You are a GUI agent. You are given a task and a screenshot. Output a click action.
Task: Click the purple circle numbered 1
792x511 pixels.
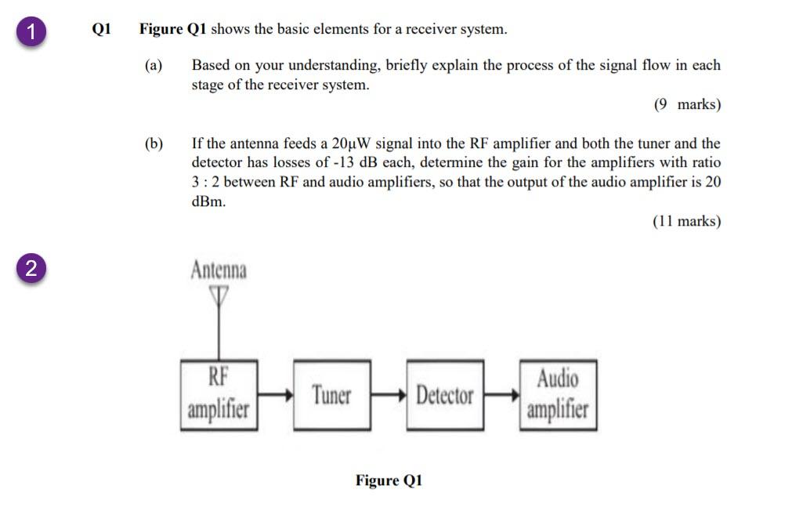tap(31, 32)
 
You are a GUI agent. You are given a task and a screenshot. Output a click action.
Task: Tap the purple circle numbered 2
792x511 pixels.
tap(31, 268)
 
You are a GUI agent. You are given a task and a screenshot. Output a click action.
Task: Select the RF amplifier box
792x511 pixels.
tap(219, 395)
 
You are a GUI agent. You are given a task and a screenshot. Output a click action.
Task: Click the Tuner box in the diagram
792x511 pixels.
tap(331, 395)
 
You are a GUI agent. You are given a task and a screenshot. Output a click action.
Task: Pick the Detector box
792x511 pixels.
tap(444, 395)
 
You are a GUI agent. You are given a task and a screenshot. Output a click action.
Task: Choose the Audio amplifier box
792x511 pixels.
tap(557, 395)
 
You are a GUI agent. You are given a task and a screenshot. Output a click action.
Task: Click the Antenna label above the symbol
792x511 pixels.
tap(219, 270)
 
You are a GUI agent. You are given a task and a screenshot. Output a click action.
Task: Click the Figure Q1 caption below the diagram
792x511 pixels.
tap(389, 480)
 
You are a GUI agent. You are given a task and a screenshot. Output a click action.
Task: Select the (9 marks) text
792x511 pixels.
tap(687, 105)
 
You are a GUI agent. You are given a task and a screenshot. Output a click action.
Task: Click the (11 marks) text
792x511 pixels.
tap(686, 221)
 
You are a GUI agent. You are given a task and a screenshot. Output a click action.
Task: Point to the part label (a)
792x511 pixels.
tap(154, 66)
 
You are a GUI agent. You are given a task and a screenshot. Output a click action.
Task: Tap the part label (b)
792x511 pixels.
tap(154, 143)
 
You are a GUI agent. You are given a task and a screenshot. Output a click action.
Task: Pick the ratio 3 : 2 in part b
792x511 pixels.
tap(208, 182)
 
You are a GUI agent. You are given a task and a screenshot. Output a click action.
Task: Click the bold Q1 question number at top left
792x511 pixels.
tap(102, 30)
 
